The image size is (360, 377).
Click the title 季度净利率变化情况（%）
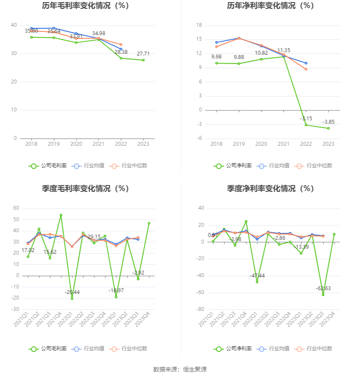pos(270,188)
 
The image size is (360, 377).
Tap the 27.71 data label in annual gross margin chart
pos(143,54)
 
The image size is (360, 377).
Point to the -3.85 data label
pos(328,122)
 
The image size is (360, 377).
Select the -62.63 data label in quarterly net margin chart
pos(323,288)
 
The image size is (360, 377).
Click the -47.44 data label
pos(257,275)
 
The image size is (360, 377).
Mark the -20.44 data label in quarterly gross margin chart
pos(72,292)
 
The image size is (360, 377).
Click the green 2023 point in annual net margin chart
pos(328,128)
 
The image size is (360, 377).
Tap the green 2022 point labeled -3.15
pos(306,125)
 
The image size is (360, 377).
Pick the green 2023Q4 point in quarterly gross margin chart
pos(149,223)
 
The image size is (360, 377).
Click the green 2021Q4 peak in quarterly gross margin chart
pos(61,215)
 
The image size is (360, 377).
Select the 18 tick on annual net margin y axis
pos(199,25)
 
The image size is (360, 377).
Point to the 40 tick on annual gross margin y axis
pos(14,25)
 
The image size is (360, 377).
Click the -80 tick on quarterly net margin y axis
pos(198,310)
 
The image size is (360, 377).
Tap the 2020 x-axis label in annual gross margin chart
pos(76,144)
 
